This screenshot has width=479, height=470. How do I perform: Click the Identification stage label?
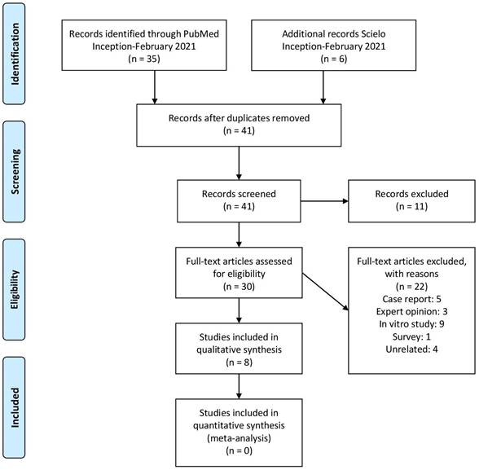15,54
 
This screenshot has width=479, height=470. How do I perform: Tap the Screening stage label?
15,171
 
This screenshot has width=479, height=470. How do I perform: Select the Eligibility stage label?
15,289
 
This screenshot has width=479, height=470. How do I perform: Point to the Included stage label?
15,407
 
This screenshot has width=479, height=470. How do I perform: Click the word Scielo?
373,33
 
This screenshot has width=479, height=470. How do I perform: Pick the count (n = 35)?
144,59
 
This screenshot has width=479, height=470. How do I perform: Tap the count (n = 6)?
334,59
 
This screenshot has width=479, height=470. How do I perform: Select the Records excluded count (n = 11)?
411,206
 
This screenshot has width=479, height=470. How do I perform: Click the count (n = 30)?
239,287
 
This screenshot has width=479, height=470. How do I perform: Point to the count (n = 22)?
411,287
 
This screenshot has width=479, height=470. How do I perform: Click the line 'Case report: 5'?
411,299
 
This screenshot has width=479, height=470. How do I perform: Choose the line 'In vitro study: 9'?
411,324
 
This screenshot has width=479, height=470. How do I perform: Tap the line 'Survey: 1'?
411,337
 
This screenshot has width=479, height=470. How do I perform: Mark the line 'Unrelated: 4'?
411,349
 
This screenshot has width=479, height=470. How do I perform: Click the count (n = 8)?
239,362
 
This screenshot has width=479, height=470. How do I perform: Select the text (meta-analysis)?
239,438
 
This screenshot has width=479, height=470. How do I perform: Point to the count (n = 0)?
239,450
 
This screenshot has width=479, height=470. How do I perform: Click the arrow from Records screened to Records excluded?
324,201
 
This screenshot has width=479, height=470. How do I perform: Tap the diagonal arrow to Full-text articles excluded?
325,292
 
